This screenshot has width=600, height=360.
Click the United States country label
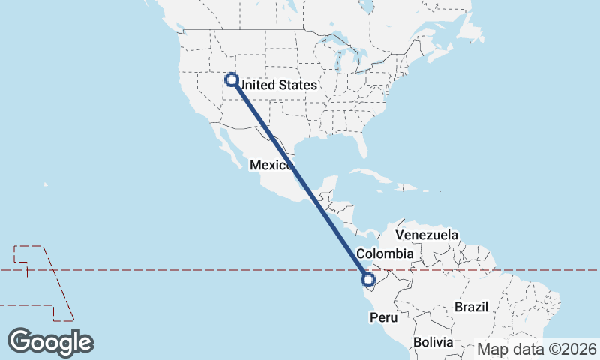click(276, 85)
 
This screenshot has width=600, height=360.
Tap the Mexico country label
click(271, 165)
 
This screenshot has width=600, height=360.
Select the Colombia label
click(385, 253)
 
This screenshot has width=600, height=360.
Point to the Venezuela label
click(426, 235)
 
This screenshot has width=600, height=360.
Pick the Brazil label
click(472, 307)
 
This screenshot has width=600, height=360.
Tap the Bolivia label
click(433, 342)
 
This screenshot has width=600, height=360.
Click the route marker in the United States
click(231, 79)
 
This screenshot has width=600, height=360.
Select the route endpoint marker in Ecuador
click(367, 280)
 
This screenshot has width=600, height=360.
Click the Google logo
click(50, 341)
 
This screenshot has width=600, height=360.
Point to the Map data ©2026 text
click(538, 349)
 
